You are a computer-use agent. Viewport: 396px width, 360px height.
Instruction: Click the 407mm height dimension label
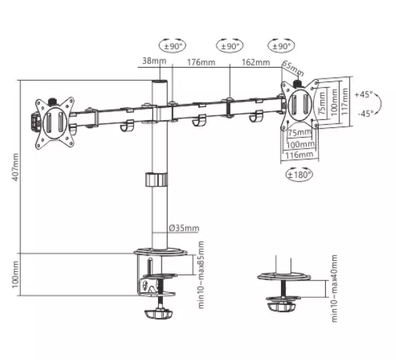[16, 167]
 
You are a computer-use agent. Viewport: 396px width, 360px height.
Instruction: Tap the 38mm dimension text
[154, 61]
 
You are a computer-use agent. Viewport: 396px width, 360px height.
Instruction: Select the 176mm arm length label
[201, 62]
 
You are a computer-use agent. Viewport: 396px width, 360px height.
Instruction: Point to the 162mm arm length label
[256, 62]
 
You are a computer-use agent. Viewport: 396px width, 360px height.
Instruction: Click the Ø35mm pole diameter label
[184, 228]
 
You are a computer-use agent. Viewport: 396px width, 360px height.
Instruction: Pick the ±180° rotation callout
[299, 174]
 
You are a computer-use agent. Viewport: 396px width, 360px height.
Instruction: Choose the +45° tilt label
[364, 95]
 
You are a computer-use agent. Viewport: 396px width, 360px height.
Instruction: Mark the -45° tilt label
[365, 114]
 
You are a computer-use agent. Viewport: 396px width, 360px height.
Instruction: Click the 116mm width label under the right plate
[300, 155]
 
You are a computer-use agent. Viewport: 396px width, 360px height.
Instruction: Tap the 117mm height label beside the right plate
[345, 101]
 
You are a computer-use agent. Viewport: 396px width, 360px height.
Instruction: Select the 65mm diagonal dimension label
[292, 68]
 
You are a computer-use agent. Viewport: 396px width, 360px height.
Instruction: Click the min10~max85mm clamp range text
[201, 275]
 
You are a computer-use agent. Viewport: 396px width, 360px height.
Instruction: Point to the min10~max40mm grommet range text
[335, 289]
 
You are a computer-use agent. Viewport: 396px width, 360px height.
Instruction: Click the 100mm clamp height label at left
[16, 274]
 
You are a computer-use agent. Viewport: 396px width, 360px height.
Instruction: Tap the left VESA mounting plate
[54, 123]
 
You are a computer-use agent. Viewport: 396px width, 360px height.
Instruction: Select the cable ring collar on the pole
[157, 179]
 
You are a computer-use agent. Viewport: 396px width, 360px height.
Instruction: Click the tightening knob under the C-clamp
[159, 314]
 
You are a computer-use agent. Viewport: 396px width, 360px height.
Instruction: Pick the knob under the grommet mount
[282, 307]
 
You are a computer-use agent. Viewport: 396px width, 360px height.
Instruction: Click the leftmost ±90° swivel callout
[172, 46]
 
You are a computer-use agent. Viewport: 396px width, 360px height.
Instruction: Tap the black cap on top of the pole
[159, 82]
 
